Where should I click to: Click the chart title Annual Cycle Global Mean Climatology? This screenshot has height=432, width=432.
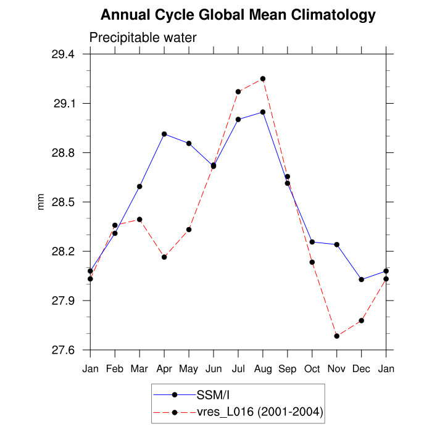pos(238,14)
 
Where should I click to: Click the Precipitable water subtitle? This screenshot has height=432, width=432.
pos(143,38)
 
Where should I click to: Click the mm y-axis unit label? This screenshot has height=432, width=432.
pos(41,202)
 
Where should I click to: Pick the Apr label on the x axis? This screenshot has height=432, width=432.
pos(164,369)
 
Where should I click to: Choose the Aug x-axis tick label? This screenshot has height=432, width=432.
pos(263,369)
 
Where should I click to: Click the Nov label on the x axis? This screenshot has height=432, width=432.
pos(337,369)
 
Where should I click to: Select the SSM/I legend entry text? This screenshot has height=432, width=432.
pos(213,395)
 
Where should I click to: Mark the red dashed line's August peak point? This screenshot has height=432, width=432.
pos(263,79)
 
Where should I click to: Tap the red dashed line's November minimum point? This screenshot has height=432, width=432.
pos(337,336)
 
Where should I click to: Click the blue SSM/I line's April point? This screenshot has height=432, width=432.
pos(164,134)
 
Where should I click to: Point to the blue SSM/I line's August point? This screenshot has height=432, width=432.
pos(263,112)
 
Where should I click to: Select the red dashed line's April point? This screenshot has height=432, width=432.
pos(164,257)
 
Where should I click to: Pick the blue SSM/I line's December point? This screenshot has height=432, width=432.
pos(362,280)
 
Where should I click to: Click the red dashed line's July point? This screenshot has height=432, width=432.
pos(238,92)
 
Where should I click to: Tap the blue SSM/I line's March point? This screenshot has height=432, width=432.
pos(139,186)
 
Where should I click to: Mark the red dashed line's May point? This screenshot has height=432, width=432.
pos(189,230)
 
